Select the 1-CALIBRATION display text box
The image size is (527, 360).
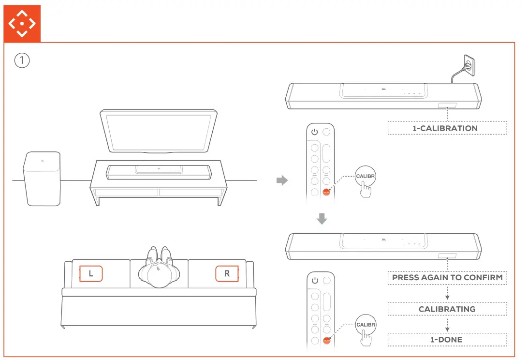447,128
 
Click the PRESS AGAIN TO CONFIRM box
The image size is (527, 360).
447,278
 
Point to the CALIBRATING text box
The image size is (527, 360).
447,309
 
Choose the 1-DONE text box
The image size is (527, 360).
447,340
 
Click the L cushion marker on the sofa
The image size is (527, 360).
91,273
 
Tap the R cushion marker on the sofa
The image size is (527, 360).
227,273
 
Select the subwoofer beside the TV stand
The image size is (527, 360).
42,178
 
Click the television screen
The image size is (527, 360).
158,131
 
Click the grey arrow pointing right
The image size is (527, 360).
281,181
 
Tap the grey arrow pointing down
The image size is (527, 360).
322,219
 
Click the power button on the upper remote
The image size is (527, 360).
314,132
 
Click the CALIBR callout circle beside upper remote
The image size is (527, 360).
365,176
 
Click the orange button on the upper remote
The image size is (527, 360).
326,192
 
